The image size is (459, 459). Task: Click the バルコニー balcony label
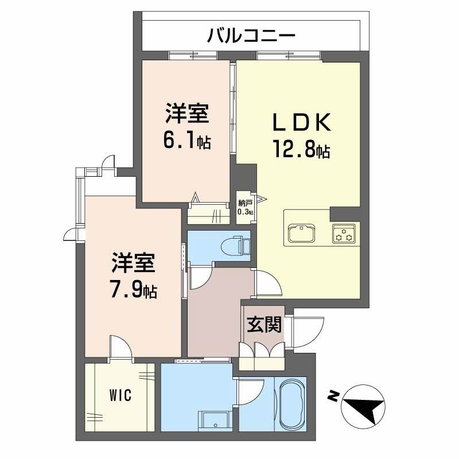pos(251,36)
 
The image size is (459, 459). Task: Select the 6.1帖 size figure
pos(187,141)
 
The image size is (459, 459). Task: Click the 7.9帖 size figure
pos(134,290)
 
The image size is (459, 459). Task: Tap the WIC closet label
pos(121,395)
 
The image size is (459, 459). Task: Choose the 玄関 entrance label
pos(264,325)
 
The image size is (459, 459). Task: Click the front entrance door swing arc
pos(302,332)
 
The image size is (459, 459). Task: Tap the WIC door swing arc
pos(120,347)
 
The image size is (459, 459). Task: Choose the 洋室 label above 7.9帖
pos(134,264)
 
